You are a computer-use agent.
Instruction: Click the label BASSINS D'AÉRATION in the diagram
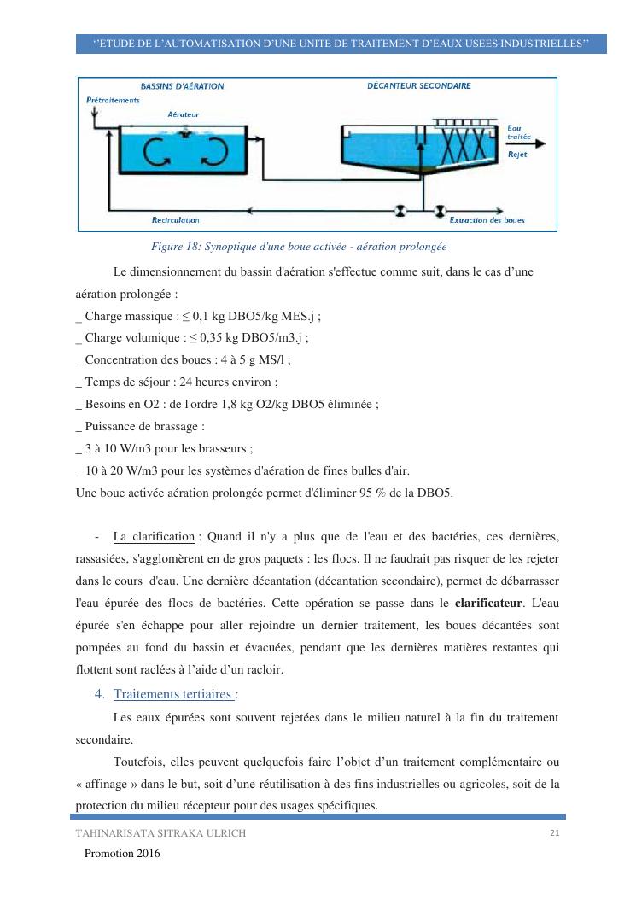pyautogui.click(x=182, y=86)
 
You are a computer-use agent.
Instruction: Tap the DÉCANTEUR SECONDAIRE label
pyautogui.click(x=418, y=86)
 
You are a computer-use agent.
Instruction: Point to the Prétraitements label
pyautogui.click(x=113, y=100)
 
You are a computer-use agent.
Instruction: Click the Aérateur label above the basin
pyautogui.click(x=184, y=114)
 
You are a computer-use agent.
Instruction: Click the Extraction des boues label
pyautogui.click(x=487, y=220)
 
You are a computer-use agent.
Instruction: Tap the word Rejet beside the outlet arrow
pyautogui.click(x=517, y=155)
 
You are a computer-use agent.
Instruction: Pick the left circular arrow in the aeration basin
pyautogui.click(x=155, y=151)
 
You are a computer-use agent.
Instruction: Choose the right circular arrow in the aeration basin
pyautogui.click(x=213, y=151)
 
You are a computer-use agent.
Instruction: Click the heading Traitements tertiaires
pyautogui.click(x=175, y=694)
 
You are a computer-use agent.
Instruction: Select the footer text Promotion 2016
pyautogui.click(x=122, y=853)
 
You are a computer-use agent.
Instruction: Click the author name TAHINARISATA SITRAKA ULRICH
pyautogui.click(x=160, y=834)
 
